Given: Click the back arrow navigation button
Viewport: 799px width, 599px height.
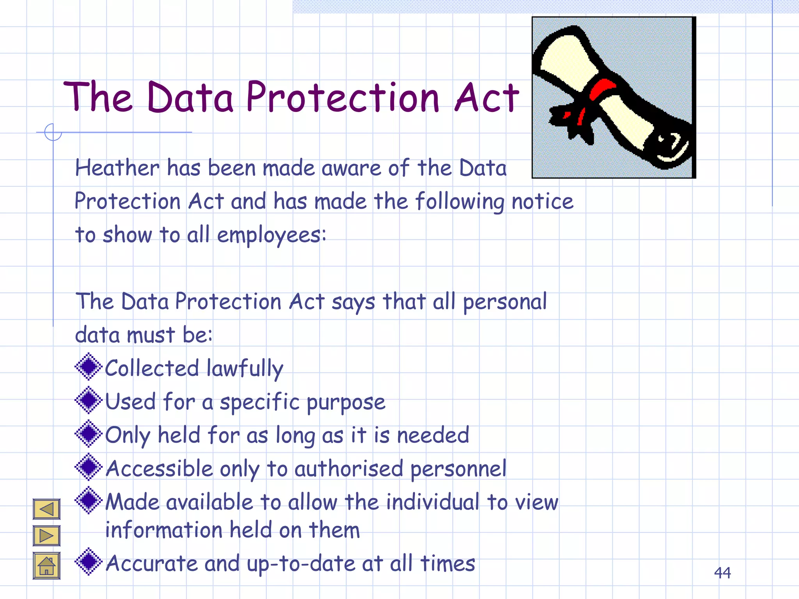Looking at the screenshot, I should click(46, 509).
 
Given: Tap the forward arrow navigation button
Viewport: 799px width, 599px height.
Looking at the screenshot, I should click(46, 535).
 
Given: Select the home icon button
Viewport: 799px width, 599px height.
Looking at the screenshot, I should click(46, 566).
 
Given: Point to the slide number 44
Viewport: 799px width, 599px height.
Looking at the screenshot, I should click(722, 573).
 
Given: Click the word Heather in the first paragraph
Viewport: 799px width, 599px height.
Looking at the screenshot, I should click(117, 168).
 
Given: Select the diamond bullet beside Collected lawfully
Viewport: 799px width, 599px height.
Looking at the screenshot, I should click(89, 367).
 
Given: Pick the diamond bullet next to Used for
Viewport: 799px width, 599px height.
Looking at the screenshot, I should click(89, 400).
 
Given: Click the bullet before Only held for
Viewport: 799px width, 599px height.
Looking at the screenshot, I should click(89, 433).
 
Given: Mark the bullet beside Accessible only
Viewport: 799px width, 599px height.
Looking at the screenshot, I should click(89, 467).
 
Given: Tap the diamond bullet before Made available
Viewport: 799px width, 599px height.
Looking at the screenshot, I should click(89, 500).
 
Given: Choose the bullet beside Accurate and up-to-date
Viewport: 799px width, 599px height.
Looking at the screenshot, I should click(89, 562).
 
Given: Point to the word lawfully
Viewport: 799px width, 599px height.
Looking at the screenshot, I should click(245, 369).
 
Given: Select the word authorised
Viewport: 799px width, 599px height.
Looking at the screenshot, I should click(348, 468).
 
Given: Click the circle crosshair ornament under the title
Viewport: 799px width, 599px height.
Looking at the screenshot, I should click(53, 132).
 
